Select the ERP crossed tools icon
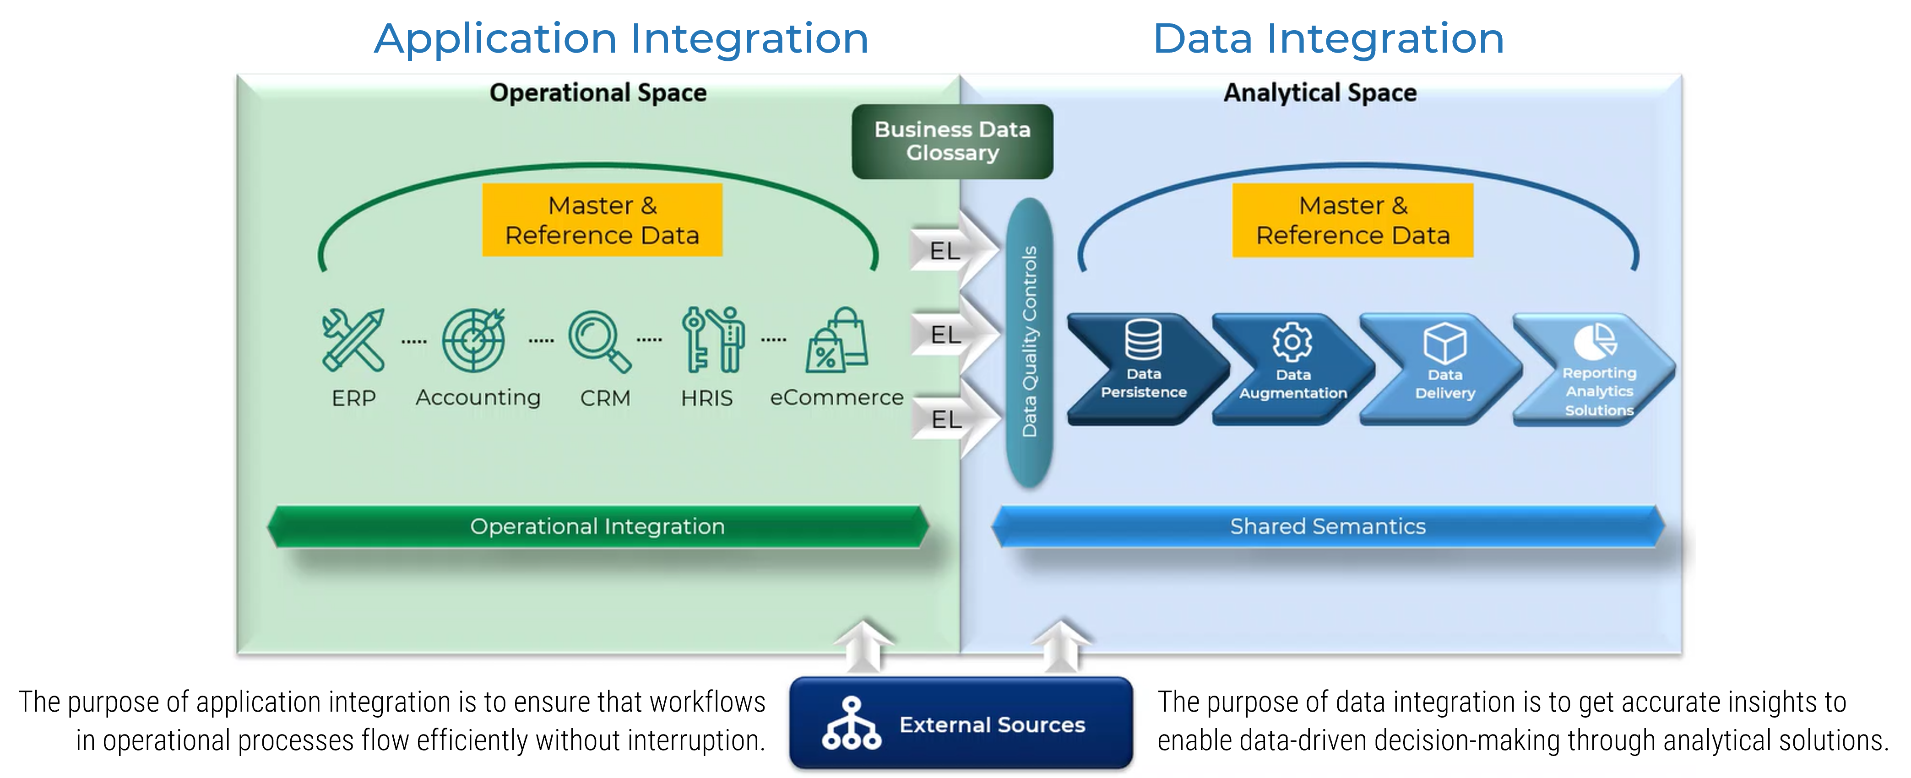point(353,340)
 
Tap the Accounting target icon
point(474,340)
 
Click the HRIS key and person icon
point(712,340)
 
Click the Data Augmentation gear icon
point(1292,342)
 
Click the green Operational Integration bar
point(597,527)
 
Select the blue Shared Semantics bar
point(1327,527)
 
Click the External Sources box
point(961,723)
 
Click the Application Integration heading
point(621,38)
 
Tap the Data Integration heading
point(1328,38)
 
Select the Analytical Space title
point(1320,93)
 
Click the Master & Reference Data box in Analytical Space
point(1352,220)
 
